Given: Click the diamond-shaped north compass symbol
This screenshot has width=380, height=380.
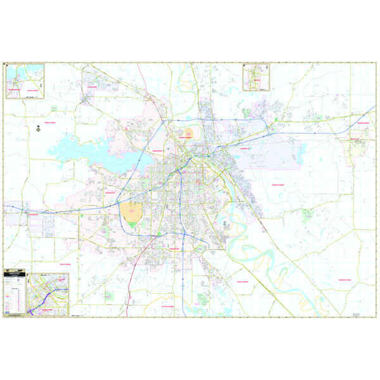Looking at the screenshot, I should [x=38, y=129].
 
